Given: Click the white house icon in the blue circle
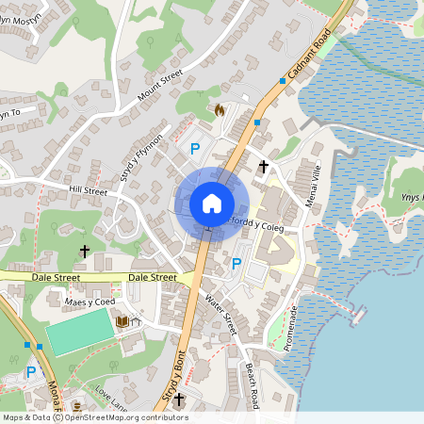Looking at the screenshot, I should [x=211, y=203].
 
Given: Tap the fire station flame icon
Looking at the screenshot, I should [x=220, y=110].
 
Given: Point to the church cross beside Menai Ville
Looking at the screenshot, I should [x=263, y=167].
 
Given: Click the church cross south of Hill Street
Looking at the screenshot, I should [x=85, y=252].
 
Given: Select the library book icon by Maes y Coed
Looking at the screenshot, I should [x=121, y=322].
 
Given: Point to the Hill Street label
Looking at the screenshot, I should [x=88, y=190].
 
